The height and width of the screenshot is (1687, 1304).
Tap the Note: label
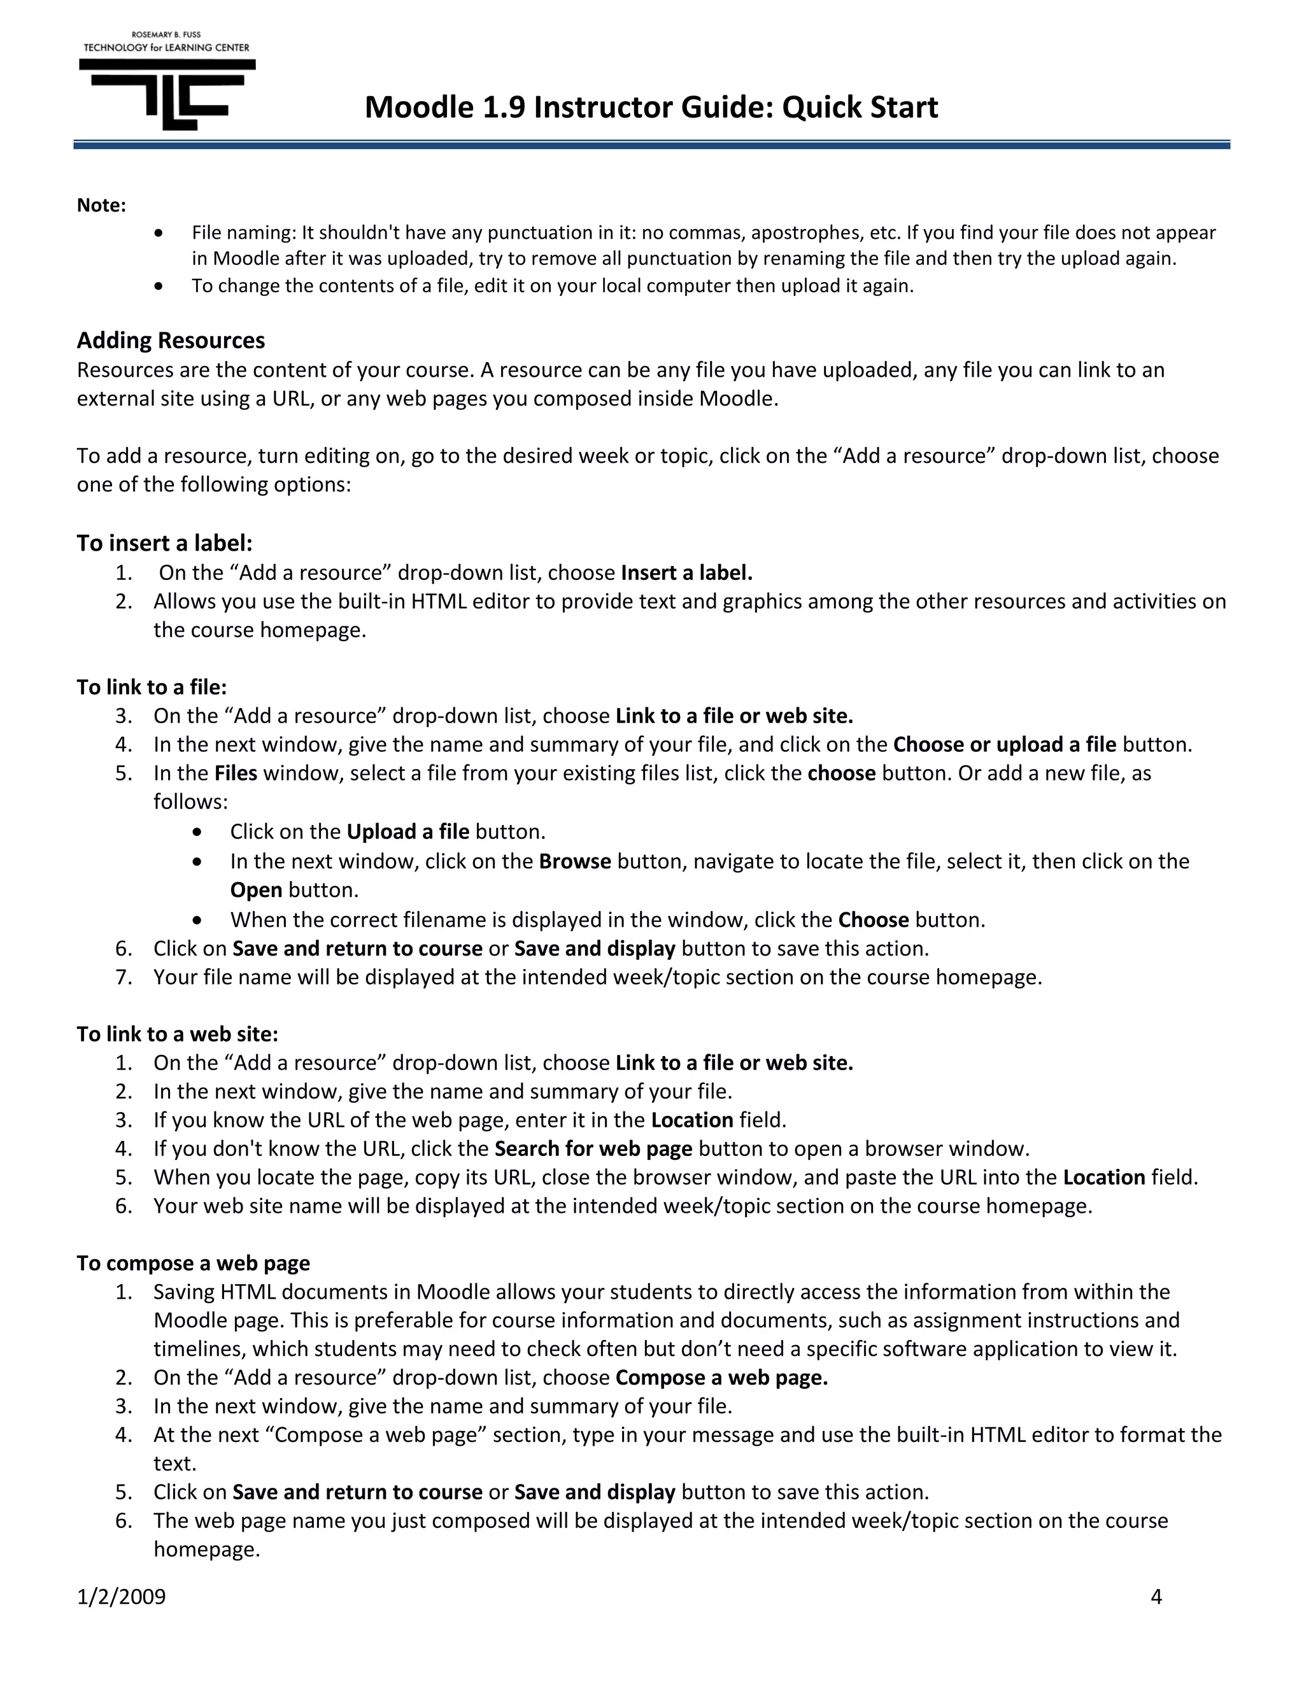coord(101,206)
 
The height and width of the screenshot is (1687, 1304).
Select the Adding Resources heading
coord(171,340)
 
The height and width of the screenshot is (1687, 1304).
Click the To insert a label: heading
coord(164,543)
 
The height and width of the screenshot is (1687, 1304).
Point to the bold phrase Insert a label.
coord(686,572)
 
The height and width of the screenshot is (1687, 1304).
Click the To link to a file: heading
coord(152,687)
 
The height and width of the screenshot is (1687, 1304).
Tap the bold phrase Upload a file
coord(408,831)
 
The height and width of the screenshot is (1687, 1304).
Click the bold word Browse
coord(575,861)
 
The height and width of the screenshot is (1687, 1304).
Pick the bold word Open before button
coord(256,890)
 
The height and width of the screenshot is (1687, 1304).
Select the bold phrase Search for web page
coord(593,1148)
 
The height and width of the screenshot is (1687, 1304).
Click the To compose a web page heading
coord(193,1263)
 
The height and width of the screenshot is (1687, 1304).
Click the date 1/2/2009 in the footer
coord(121,1597)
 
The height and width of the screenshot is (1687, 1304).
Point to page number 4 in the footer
coord(1156,1597)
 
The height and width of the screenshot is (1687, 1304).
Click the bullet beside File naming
coord(159,232)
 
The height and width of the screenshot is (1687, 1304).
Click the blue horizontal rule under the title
coord(651,145)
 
